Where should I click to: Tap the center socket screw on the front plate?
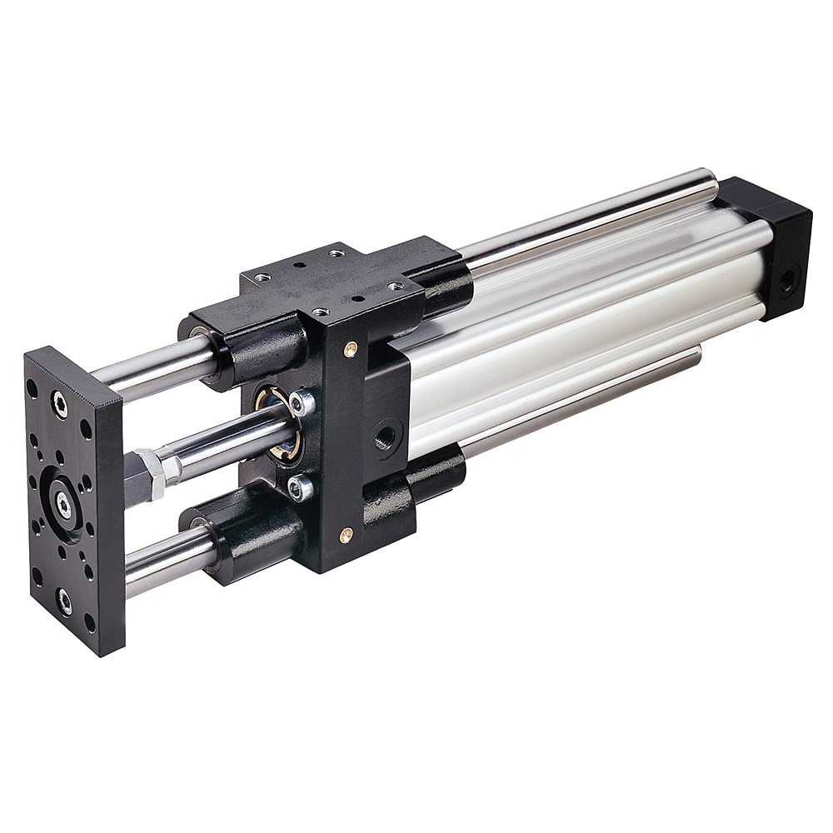click(x=63, y=501)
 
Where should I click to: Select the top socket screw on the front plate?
click(x=59, y=405)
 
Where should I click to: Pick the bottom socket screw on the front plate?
click(x=65, y=601)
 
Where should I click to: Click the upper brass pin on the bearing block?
click(x=351, y=349)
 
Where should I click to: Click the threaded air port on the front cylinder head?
click(x=387, y=434)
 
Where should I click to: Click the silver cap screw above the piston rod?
click(x=302, y=403)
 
